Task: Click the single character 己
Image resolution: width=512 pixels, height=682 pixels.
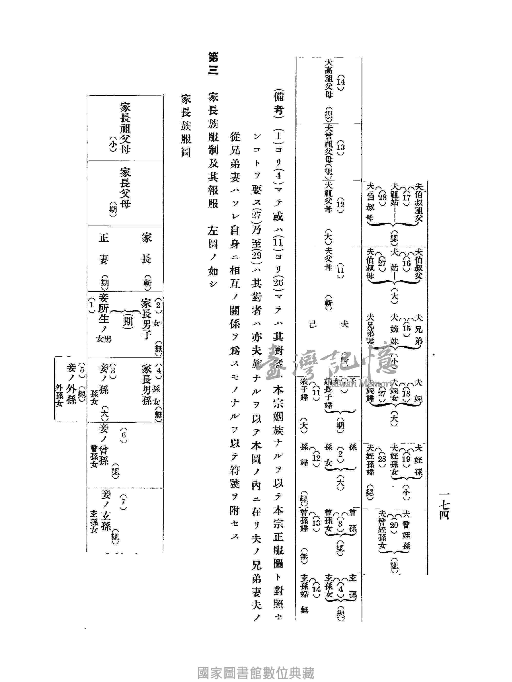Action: coord(313,324)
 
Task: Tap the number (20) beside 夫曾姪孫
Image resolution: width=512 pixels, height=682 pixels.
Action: coord(394,524)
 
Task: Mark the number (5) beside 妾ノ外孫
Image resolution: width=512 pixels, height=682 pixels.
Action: coord(82,369)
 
